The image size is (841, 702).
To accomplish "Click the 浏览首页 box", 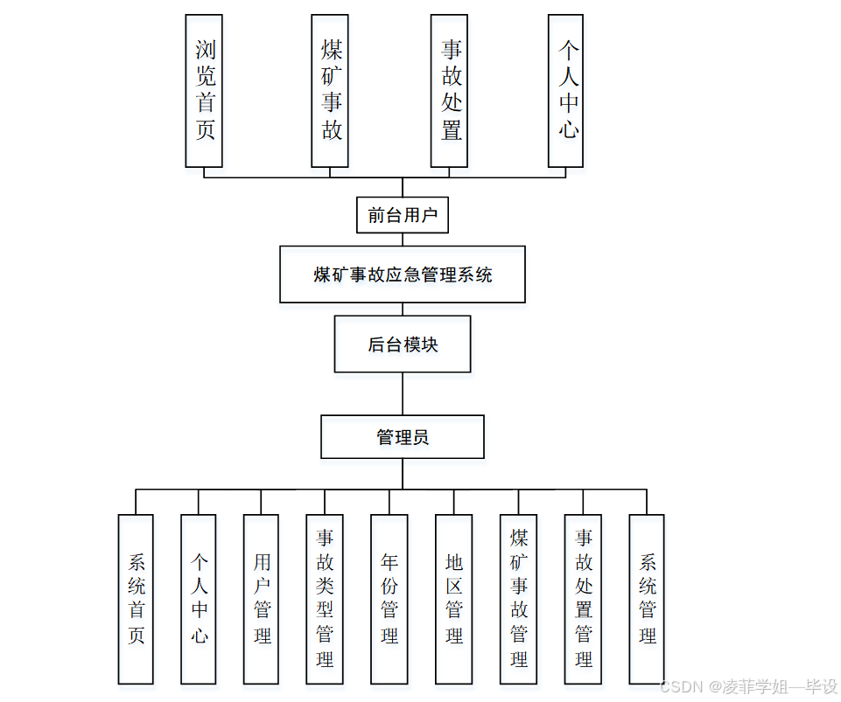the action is click(x=204, y=91).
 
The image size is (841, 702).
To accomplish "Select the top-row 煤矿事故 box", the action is click(x=330, y=91).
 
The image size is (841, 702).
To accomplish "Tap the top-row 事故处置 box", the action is click(x=450, y=91).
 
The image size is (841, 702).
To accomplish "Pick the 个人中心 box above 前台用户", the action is click(x=565, y=91).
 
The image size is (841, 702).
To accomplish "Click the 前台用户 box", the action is click(x=403, y=215).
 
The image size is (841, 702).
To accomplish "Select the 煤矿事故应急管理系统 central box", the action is click(x=403, y=275).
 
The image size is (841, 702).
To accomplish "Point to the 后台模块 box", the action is click(x=403, y=344).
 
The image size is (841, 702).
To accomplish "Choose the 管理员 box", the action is click(x=403, y=437).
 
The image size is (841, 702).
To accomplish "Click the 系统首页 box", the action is click(x=136, y=599).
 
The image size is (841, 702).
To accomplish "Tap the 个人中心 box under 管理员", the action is click(x=199, y=599).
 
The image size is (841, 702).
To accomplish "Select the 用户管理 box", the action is click(x=262, y=599).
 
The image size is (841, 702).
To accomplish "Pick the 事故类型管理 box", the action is click(x=325, y=599).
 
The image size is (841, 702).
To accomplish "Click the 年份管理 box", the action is click(x=389, y=599).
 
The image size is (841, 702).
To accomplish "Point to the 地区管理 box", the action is click(x=453, y=599).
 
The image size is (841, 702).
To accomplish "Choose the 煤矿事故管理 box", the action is click(x=519, y=599).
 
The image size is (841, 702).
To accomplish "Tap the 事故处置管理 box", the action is click(x=583, y=599).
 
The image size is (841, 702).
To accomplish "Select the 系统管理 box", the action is click(x=647, y=599).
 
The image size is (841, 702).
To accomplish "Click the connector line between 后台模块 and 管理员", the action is click(x=403, y=393).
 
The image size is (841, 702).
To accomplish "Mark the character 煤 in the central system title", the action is click(x=322, y=275).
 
